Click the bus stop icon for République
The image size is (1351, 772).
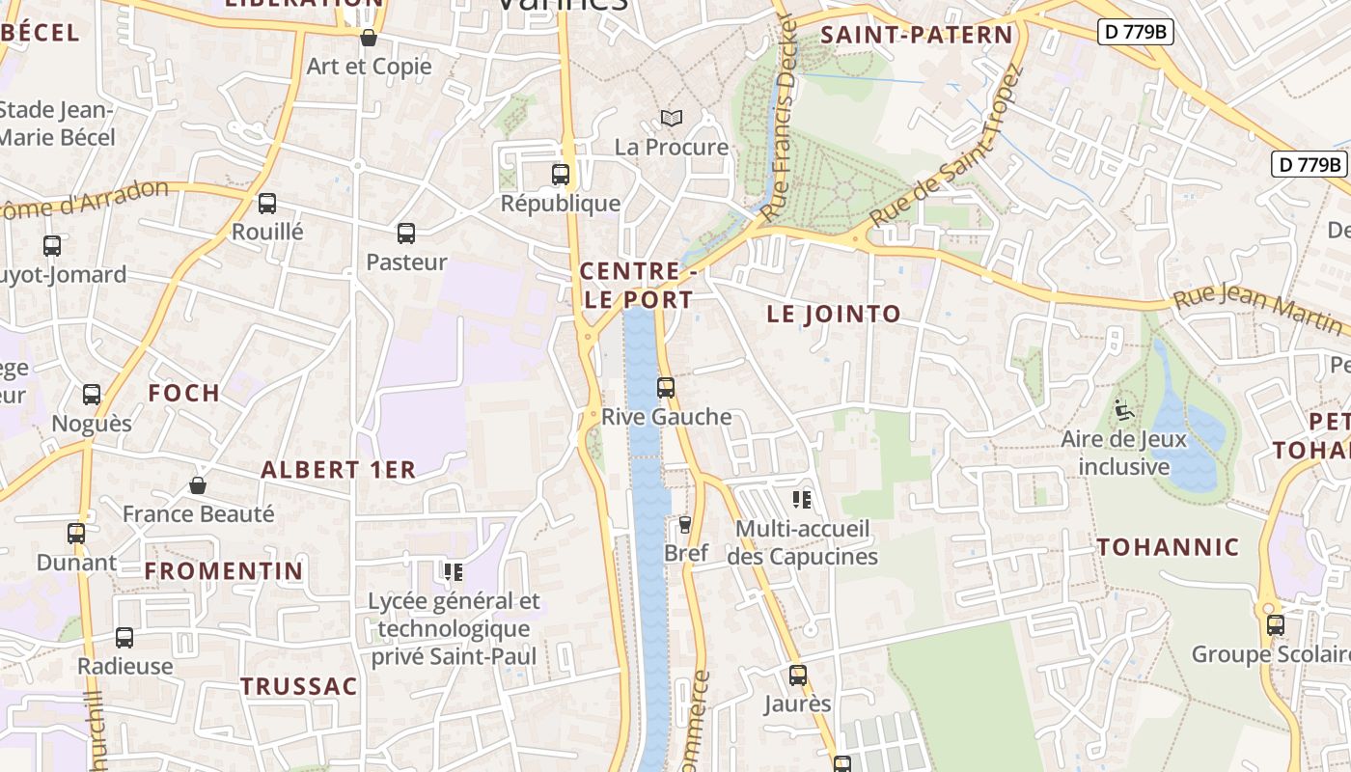561,175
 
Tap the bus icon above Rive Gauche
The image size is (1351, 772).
666,388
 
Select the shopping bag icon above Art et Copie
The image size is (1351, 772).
368,38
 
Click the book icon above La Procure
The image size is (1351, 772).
672,118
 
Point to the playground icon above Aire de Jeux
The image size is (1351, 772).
1123,410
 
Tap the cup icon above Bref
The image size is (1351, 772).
685,524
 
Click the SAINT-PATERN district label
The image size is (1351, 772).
916,36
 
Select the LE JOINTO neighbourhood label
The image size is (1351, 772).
834,314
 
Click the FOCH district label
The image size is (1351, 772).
183,393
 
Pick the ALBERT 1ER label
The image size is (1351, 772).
338,470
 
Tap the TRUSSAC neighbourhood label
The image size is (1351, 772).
298,686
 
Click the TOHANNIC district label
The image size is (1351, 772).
1168,547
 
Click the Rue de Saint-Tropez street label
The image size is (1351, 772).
946,150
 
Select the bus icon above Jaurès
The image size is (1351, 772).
798,675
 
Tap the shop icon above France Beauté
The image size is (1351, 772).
198,484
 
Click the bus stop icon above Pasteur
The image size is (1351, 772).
406,233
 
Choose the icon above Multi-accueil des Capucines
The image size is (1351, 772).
802,499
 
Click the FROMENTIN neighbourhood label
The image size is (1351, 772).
224,570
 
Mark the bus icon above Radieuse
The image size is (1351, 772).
124,637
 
